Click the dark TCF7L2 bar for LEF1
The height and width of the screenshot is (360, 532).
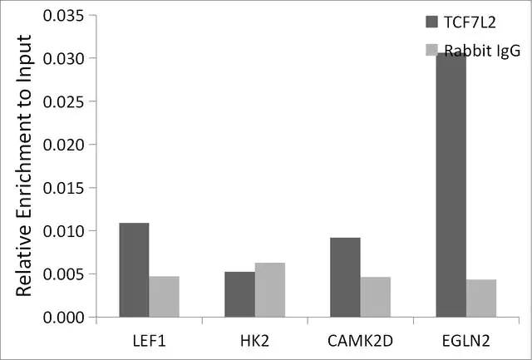tap(134, 269)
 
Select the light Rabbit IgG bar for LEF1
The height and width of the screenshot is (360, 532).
tap(164, 297)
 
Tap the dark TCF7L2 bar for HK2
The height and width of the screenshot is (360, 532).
tap(240, 294)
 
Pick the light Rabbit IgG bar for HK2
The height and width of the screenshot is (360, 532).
tap(269, 290)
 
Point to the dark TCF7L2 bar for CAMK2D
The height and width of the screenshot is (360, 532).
tap(346, 277)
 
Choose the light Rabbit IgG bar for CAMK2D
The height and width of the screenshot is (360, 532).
tap(375, 297)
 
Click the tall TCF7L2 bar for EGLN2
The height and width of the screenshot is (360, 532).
tap(451, 185)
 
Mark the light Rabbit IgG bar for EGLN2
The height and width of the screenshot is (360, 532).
tap(481, 298)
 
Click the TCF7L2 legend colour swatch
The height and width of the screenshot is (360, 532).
tap(432, 22)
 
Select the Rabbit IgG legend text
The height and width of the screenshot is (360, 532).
tap(482, 51)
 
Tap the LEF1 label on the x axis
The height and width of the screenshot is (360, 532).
tap(150, 341)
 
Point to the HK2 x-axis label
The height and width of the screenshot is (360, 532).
tap(255, 341)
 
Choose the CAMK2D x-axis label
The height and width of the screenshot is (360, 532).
tap(360, 341)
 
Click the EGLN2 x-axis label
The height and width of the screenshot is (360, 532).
tap(466, 341)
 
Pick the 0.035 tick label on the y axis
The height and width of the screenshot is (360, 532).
tap(63, 15)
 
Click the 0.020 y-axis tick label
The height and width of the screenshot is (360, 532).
tap(63, 145)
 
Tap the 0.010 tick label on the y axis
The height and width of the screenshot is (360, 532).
tap(63, 231)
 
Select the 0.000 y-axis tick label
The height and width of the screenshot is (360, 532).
tap(63, 318)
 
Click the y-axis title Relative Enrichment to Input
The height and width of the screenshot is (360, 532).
tap(23, 165)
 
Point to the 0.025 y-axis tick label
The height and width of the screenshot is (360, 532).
tap(63, 101)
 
